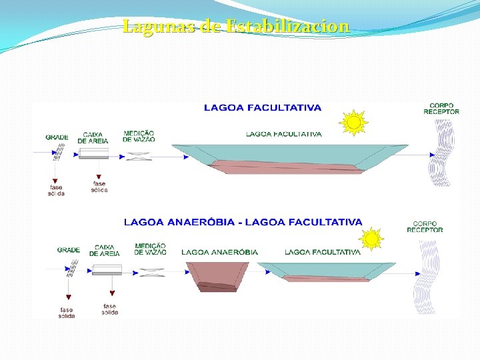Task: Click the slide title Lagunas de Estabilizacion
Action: coord(236,27)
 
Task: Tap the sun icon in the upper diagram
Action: coord(353,123)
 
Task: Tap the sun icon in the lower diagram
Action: coord(371,239)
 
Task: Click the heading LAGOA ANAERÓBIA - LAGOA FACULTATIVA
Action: coord(243,222)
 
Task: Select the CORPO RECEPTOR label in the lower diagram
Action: coord(425,227)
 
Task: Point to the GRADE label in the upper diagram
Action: coord(57,137)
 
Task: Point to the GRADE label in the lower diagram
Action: coord(69,250)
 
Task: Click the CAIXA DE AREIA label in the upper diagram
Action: coord(93,137)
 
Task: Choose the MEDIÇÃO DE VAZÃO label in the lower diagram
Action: coord(151,249)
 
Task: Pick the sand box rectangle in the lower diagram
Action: coord(107,269)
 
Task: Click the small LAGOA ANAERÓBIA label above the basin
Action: coord(219,252)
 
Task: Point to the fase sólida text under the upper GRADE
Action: coord(56,190)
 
